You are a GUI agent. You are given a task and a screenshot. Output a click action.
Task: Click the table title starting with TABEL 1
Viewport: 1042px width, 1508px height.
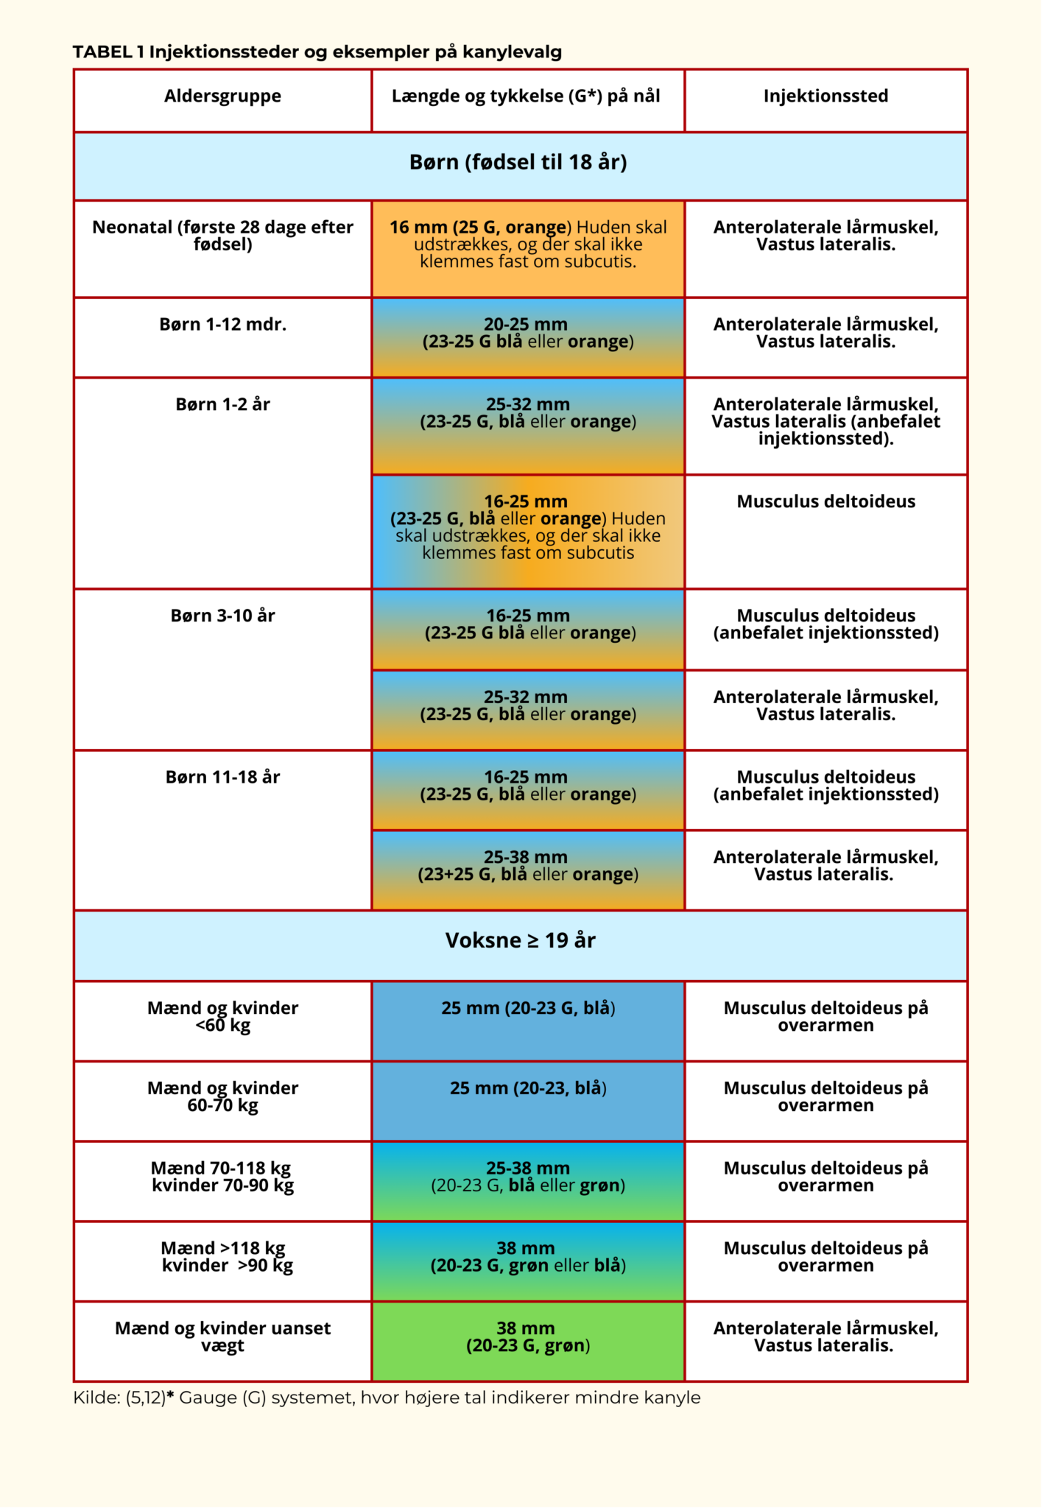[x=317, y=52]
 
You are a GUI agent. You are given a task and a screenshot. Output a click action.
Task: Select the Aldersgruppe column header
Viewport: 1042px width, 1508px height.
[x=222, y=96]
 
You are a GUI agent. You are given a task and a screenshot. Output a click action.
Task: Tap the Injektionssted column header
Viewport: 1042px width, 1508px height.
[x=825, y=96]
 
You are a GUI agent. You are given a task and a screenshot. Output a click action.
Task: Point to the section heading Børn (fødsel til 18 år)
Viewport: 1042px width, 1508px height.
[x=518, y=163]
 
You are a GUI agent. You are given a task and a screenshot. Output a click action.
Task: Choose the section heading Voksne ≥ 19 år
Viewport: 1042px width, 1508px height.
[x=520, y=940]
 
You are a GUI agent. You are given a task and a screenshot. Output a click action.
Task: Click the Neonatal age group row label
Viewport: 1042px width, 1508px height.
[x=222, y=236]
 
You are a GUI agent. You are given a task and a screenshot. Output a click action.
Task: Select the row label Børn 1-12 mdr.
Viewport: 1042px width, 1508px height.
[x=222, y=325]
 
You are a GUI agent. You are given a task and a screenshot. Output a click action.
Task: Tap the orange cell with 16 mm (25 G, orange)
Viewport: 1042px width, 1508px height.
[x=528, y=244]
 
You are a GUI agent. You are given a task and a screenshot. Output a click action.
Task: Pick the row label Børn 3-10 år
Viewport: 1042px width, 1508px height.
[x=222, y=616]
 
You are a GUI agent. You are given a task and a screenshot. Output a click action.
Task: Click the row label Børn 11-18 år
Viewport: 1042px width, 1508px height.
[x=222, y=778]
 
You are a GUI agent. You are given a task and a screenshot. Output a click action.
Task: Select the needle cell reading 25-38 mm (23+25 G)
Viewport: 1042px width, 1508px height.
[x=528, y=866]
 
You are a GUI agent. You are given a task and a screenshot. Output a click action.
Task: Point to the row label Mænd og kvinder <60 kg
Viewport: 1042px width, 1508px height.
[x=222, y=1017]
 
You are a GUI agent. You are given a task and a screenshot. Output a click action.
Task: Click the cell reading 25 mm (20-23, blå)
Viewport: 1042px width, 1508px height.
[x=528, y=1088]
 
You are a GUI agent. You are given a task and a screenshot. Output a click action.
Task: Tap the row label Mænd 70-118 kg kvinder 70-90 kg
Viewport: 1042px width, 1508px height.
[x=222, y=1177]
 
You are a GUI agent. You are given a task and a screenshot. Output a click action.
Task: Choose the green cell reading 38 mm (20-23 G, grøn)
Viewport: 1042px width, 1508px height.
[x=528, y=1337]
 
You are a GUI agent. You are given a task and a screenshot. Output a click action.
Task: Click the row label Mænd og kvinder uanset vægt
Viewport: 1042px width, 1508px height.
[x=222, y=1337]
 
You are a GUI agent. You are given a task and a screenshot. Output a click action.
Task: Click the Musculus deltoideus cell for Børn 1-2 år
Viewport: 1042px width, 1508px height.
[x=825, y=502]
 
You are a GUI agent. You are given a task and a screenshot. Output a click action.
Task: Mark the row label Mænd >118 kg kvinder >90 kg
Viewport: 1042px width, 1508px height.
[x=225, y=1257]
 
